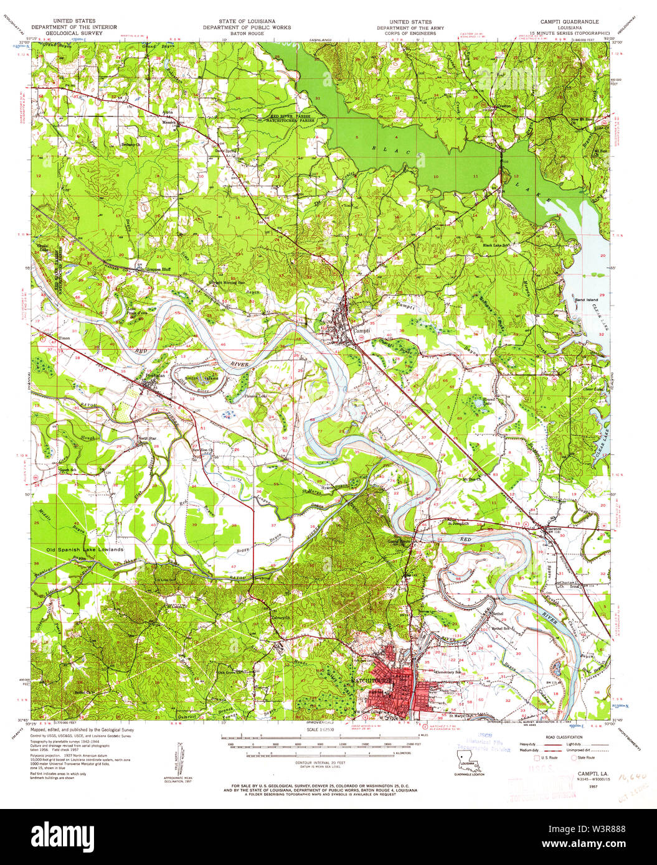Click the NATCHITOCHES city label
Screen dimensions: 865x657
click(372, 681)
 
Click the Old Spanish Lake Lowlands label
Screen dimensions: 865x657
click(85, 550)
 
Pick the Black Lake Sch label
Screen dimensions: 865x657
click(497, 245)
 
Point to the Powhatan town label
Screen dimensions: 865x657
click(154, 376)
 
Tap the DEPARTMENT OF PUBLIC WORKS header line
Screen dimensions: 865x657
click(246, 27)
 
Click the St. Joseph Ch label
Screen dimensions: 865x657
click(460, 523)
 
